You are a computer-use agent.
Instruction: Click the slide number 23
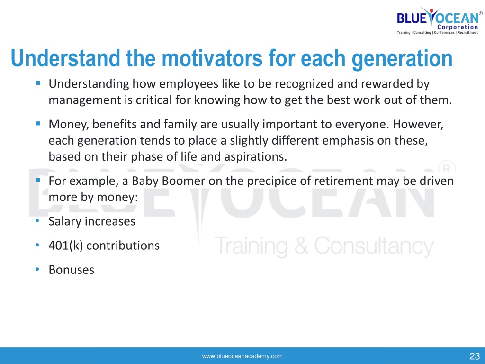475,356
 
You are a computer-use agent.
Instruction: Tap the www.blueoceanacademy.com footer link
242,356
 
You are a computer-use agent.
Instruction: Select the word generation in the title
402,59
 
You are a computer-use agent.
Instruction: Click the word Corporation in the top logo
458,27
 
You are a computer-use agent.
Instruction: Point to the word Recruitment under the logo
467,33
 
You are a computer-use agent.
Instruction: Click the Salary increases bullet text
92,221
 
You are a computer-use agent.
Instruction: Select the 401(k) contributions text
104,246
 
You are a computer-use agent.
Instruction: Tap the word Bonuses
72,270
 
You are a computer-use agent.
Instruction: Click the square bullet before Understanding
38,83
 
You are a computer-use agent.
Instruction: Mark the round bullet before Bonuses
37,269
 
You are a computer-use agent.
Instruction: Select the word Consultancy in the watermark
374,246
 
